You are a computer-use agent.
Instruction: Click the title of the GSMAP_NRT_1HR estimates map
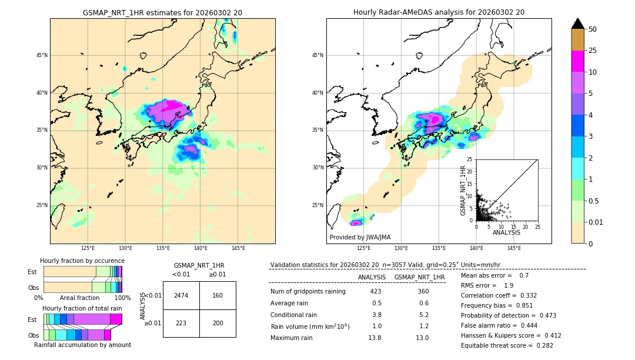point(162,12)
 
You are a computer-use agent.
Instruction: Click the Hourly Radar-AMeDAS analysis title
point(439,12)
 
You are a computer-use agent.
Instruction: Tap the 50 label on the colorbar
point(593,29)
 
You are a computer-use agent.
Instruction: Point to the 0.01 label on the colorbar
point(595,222)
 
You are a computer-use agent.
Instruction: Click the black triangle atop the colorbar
point(578,24)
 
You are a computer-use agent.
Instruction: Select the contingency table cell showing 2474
point(181,295)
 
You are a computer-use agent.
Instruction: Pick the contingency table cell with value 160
point(218,295)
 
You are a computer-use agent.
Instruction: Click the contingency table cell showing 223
point(181,324)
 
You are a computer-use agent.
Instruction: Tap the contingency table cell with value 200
point(218,324)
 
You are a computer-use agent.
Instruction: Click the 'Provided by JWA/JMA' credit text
point(360,238)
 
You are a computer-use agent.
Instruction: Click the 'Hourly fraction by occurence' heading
point(82,261)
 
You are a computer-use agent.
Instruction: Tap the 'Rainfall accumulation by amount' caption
point(82,345)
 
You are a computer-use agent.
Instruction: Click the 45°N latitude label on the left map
point(42,55)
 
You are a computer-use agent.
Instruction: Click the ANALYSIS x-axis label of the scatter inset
point(506,232)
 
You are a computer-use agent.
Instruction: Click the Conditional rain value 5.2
point(423,315)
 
